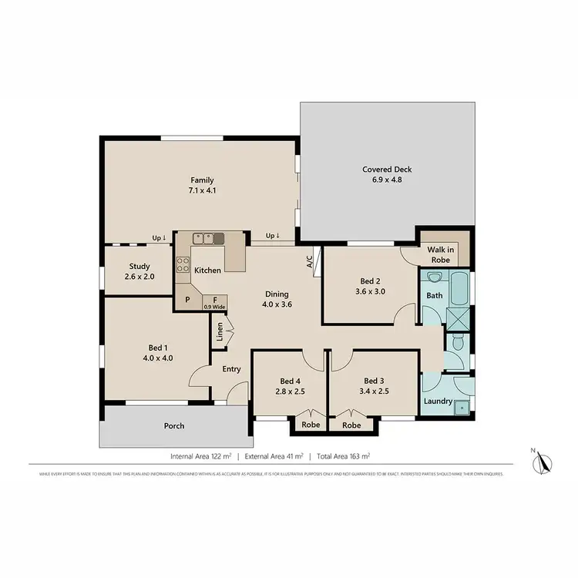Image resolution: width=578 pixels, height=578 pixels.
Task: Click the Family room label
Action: click(x=203, y=180)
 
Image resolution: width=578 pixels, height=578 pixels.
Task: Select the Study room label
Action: click(x=139, y=267)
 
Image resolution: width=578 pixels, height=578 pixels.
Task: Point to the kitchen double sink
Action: click(x=208, y=239)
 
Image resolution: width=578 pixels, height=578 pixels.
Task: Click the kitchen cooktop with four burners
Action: click(x=183, y=265)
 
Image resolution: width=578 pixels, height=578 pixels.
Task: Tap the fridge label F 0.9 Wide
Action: click(x=213, y=302)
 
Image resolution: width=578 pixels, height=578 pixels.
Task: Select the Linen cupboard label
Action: click(x=220, y=333)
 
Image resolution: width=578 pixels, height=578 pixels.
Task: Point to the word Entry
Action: click(x=231, y=369)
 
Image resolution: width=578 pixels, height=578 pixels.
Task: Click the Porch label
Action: click(x=174, y=426)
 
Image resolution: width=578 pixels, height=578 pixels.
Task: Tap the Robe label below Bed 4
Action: click(x=311, y=425)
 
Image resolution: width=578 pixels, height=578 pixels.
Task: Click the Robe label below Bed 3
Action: click(x=351, y=425)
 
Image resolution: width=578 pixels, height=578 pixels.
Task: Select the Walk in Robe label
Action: click(x=442, y=254)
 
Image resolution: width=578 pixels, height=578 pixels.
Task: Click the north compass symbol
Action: click(x=541, y=462)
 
